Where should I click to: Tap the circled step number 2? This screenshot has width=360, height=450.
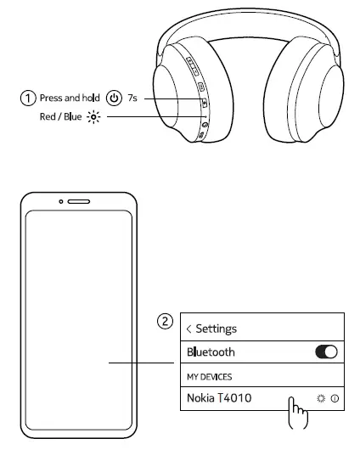[167, 322]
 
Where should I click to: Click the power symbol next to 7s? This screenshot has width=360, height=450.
[114, 98]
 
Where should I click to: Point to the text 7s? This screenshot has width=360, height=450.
[132, 98]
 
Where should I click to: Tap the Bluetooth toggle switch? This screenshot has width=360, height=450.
[326, 352]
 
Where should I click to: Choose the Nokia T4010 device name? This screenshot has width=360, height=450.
[218, 397]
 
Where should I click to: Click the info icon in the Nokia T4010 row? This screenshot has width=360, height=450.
[335, 397]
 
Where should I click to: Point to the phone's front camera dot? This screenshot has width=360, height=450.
[62, 203]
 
